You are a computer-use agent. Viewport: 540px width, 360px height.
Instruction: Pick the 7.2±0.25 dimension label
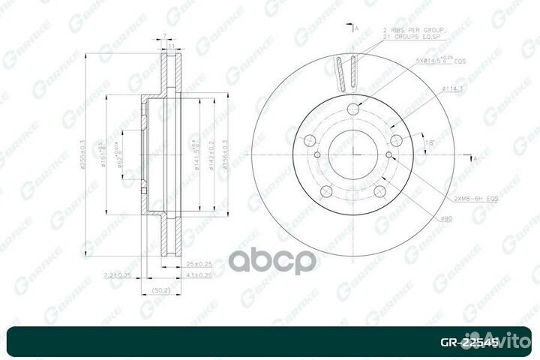click(118, 276)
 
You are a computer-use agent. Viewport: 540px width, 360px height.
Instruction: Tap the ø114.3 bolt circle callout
click(451, 89)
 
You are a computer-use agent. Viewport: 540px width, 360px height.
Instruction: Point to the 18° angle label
click(430, 141)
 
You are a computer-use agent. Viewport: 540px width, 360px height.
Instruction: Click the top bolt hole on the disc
click(354, 109)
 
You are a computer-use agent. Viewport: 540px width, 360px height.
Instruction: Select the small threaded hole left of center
click(318, 155)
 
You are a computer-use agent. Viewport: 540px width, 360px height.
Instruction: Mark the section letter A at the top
click(357, 28)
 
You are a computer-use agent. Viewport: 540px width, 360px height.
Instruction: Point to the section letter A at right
click(474, 159)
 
